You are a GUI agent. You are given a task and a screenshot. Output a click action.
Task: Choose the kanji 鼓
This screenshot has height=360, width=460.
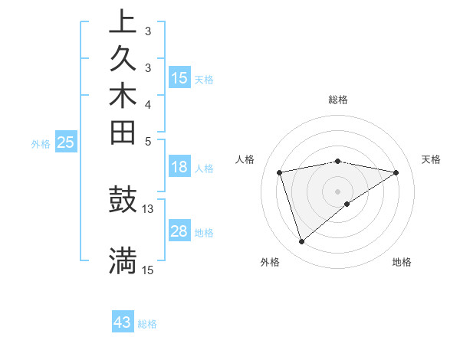click(x=123, y=200)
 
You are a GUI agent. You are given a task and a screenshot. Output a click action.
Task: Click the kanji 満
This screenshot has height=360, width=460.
click(x=123, y=261)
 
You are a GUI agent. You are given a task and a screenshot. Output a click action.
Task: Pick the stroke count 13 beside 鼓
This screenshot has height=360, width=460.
click(x=148, y=208)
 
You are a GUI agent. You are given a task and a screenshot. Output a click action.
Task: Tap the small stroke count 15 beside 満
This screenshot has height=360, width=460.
click(x=148, y=270)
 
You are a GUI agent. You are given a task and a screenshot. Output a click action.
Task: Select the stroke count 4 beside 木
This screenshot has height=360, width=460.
click(x=148, y=103)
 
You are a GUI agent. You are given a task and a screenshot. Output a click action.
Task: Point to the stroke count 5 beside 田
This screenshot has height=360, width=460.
click(x=148, y=141)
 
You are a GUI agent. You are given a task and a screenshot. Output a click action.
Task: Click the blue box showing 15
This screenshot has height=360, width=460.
click(x=179, y=77)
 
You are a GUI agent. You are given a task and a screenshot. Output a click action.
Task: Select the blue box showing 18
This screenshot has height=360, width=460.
click(x=179, y=167)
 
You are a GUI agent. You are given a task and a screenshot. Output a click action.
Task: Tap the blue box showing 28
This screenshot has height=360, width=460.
click(x=179, y=231)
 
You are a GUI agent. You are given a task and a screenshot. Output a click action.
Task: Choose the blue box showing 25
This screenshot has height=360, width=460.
click(x=66, y=142)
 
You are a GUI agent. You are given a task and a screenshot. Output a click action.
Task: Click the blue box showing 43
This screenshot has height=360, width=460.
click(x=123, y=322)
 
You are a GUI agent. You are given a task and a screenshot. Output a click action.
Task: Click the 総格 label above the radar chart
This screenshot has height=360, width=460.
click(x=338, y=100)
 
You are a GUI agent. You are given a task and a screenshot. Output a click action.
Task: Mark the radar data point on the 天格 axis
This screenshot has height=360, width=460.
click(x=396, y=172)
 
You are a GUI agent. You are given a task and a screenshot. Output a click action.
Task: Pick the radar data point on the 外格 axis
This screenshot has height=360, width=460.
click(x=301, y=242)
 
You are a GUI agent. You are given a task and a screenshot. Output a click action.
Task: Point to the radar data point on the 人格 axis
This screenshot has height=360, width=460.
click(x=280, y=172)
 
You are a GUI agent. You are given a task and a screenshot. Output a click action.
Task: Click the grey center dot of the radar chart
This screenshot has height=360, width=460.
click(x=338, y=191)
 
